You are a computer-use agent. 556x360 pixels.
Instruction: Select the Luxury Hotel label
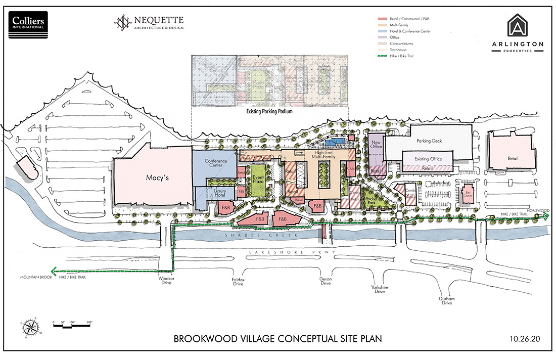(x=219, y=193)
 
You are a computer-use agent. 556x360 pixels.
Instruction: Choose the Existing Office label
(x=428, y=159)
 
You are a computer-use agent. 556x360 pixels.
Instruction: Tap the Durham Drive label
(x=447, y=301)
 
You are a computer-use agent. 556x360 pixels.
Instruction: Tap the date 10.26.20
(x=526, y=338)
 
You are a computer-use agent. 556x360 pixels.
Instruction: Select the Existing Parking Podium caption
(x=269, y=111)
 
